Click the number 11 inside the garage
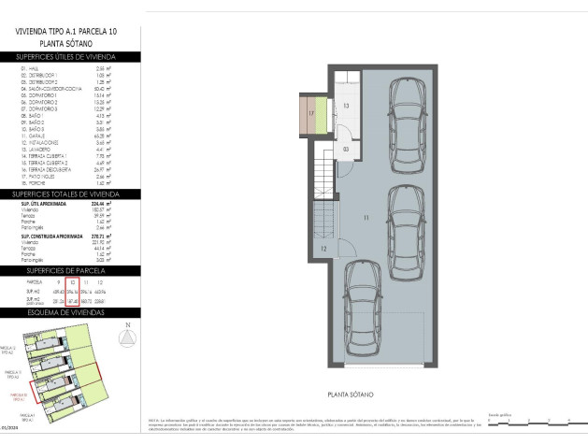click(366, 217)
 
